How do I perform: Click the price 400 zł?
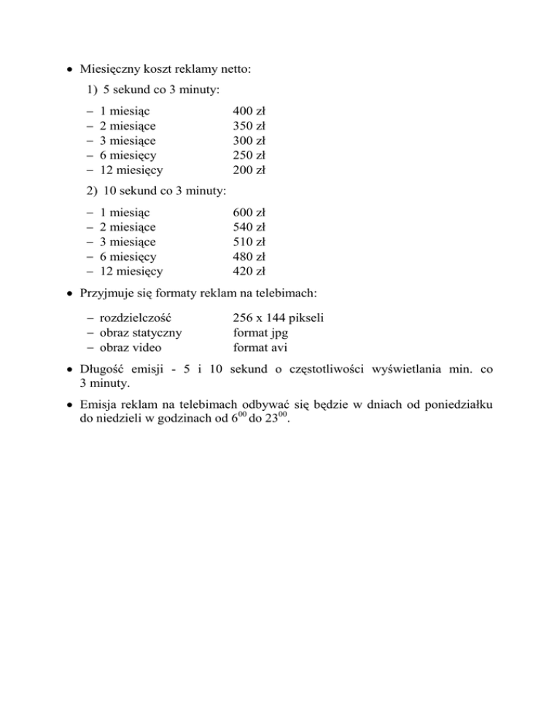click(248, 111)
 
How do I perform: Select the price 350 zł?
click(248, 126)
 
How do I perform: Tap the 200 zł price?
click(248, 170)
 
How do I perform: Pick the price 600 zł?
click(248, 213)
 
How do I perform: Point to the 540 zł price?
click(248, 227)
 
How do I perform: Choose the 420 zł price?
click(248, 272)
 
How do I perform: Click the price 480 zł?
click(248, 256)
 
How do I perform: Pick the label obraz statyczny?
click(141, 332)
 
